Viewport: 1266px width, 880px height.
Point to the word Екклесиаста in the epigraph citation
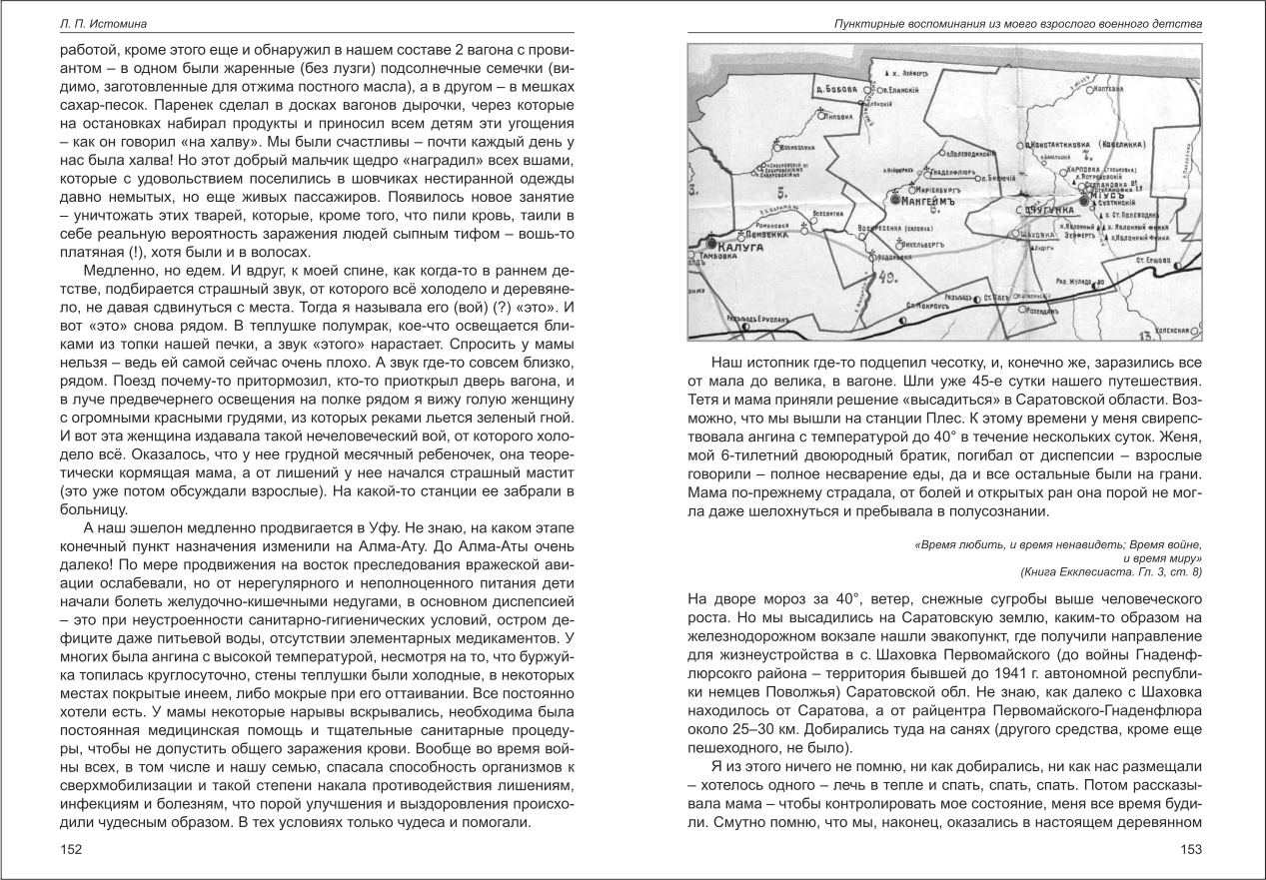click(x=1091, y=571)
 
